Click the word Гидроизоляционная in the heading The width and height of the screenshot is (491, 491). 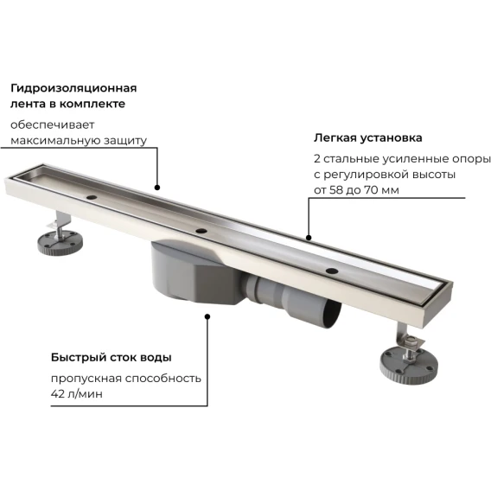(73, 89)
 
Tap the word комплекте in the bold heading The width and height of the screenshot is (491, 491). (92, 104)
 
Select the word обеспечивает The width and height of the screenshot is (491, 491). (52, 124)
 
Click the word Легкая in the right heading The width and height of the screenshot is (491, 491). (335, 137)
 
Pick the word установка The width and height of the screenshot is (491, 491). (391, 137)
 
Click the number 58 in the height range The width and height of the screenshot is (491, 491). (336, 190)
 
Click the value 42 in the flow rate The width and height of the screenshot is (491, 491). (58, 394)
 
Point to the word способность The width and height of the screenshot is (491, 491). (163, 379)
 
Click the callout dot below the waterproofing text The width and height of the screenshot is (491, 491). (157, 188)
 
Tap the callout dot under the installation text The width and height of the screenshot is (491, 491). (309, 238)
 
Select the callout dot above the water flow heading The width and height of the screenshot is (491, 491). (207, 316)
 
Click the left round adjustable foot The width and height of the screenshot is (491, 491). (61, 242)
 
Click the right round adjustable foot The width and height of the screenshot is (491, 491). (409, 366)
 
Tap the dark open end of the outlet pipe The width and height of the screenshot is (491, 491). (332, 314)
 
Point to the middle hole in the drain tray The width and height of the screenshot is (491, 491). (201, 231)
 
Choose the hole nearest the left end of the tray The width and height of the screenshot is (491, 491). (92, 197)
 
